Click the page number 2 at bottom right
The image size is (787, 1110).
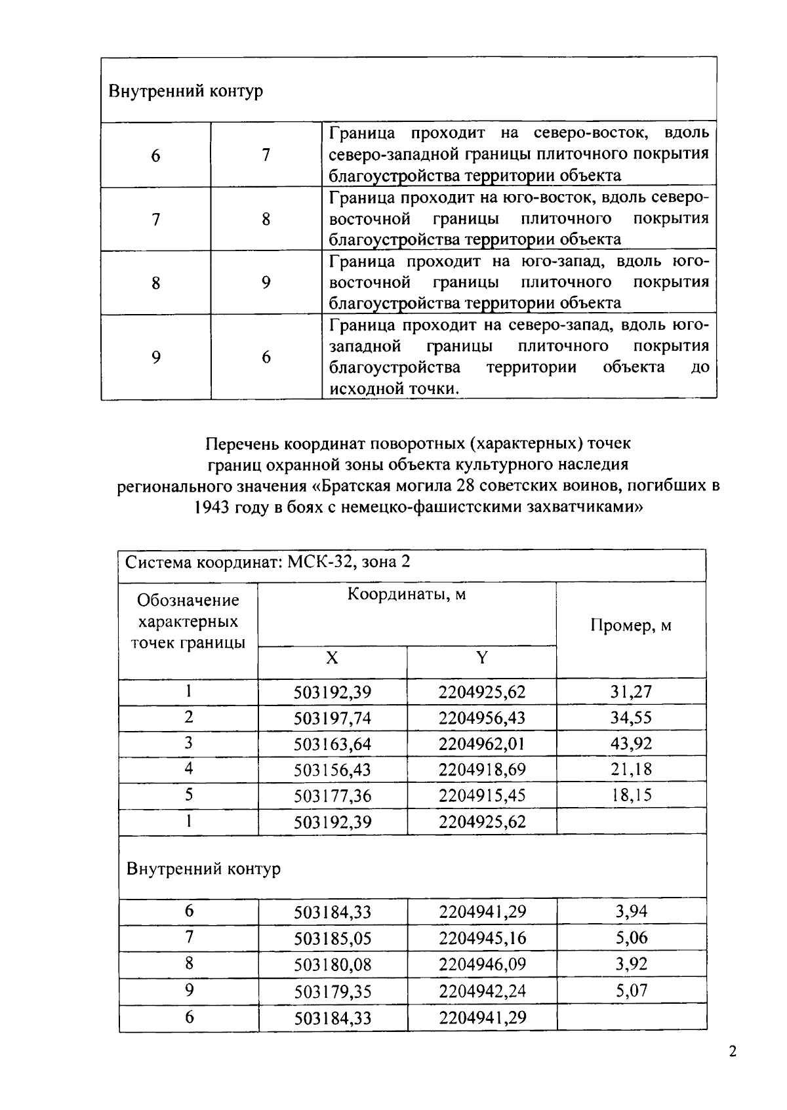point(733,1052)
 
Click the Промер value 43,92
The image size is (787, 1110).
point(631,743)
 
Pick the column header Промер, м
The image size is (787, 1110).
point(631,625)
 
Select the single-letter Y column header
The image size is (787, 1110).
point(481,658)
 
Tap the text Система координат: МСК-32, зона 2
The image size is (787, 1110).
point(268,563)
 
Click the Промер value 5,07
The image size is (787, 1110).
point(631,991)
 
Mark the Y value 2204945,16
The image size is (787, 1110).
point(482,938)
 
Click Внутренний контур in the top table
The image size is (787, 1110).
point(186,90)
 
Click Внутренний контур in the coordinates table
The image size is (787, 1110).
point(203,869)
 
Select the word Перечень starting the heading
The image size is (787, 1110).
point(242,444)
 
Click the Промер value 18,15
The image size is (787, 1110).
point(631,795)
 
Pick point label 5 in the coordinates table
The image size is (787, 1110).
point(189,795)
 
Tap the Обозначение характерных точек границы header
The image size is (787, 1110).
point(188,622)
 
